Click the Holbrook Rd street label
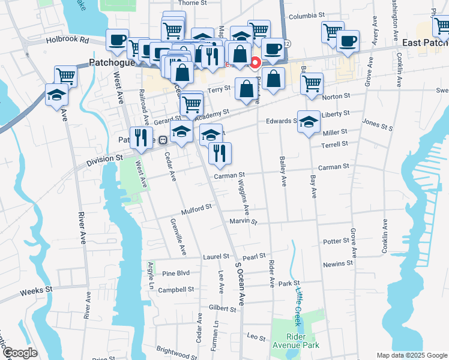coord(67,41)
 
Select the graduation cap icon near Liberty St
coord(309,122)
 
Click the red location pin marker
coord(255,62)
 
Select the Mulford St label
coord(197,209)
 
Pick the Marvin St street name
coord(243,221)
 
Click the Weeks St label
coord(37,290)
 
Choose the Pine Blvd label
coord(176,273)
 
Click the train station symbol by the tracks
coord(163,140)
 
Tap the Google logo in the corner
coord(20,353)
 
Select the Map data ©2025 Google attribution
coord(411,355)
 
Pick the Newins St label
coord(338,263)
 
